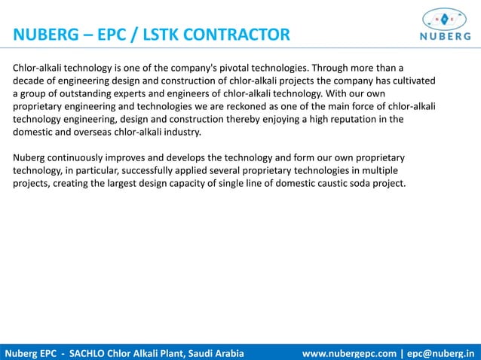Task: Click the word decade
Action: click(x=30, y=81)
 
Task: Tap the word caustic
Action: click(x=335, y=183)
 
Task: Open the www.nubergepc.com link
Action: click(x=349, y=352)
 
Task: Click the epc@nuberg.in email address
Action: click(x=443, y=352)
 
